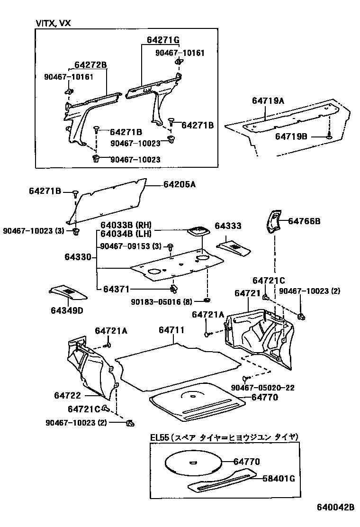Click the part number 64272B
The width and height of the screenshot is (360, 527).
pyautogui.click(x=90, y=65)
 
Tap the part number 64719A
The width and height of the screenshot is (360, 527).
pyautogui.click(x=268, y=101)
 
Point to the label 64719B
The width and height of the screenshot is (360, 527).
pyautogui.click(x=291, y=136)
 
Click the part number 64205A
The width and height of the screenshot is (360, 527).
pyautogui.click(x=180, y=184)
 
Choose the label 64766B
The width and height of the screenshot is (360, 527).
pyautogui.click(x=304, y=221)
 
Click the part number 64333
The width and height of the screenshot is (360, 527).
pyautogui.click(x=228, y=226)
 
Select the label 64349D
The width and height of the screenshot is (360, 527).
pyautogui.click(x=67, y=311)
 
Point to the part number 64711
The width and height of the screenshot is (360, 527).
pyautogui.click(x=171, y=330)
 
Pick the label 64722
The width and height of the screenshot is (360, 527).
pyautogui.click(x=68, y=395)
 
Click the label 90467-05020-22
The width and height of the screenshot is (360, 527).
pyautogui.click(x=263, y=388)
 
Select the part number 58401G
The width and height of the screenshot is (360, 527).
pyautogui.click(x=279, y=479)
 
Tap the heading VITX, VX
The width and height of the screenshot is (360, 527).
pyautogui.click(x=53, y=23)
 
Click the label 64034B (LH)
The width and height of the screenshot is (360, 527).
pyautogui.click(x=126, y=234)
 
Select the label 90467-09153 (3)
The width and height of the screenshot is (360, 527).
pyautogui.click(x=131, y=246)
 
